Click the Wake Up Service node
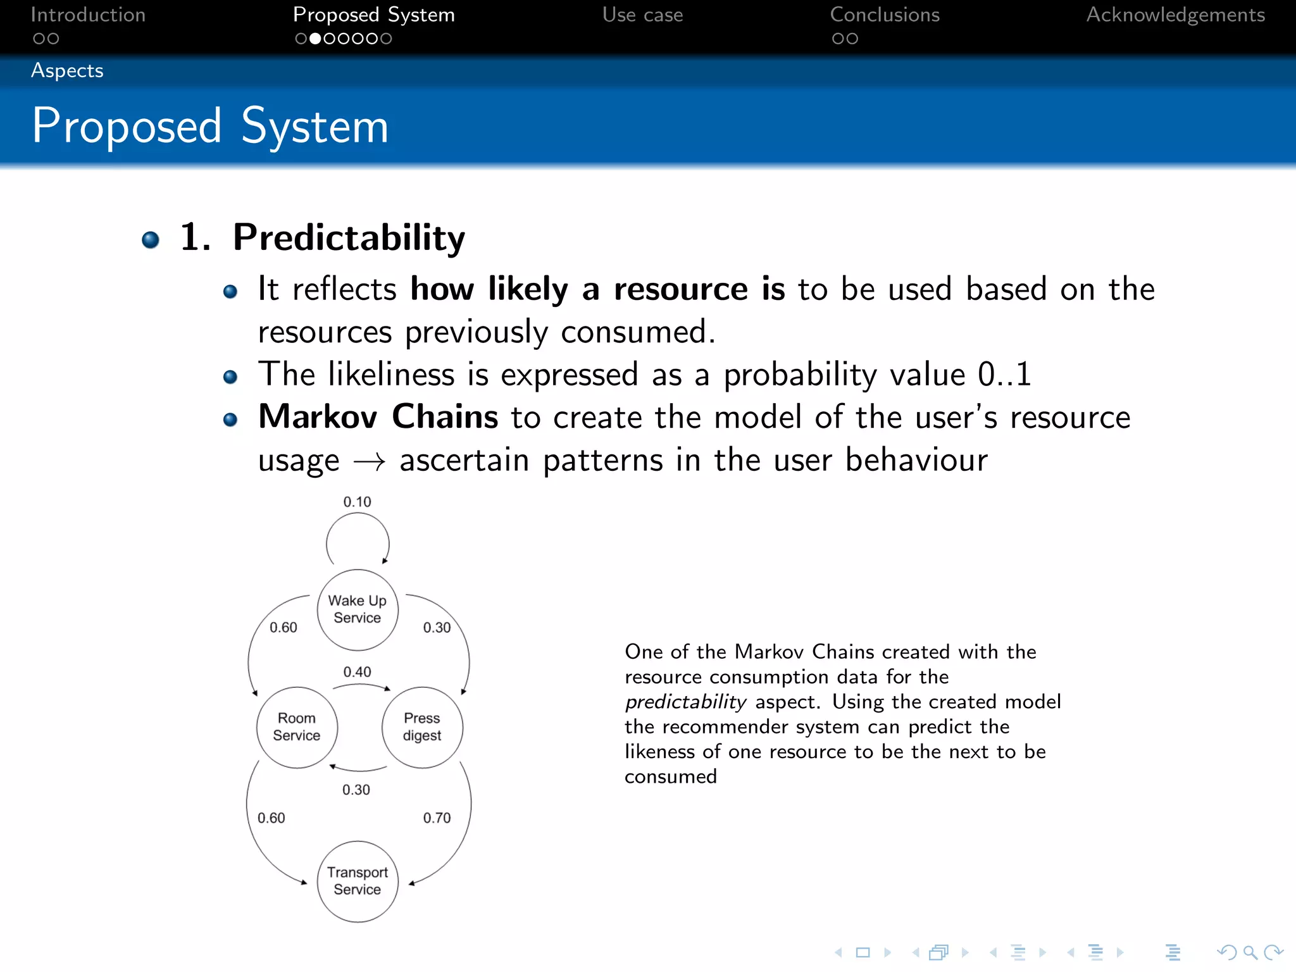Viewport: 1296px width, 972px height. pos(358,609)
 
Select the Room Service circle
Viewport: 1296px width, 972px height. pos(297,727)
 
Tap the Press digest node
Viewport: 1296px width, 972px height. pos(422,727)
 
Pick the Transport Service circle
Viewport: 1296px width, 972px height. pos(358,881)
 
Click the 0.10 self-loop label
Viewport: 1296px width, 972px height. pos(357,502)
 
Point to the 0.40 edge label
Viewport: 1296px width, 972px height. pos(357,672)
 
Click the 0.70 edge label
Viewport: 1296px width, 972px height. pos(437,818)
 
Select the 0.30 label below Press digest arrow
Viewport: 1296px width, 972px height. pos(356,790)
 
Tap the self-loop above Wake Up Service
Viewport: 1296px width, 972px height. pos(358,538)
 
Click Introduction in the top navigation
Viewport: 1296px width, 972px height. pos(88,15)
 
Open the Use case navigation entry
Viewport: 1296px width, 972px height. pos(642,15)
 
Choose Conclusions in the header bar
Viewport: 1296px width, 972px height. pos(885,15)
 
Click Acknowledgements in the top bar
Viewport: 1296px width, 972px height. pos(1175,15)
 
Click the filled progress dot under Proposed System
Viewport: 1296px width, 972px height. pos(315,39)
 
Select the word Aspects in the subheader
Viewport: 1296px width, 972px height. pos(67,70)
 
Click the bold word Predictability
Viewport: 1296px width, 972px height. pos(349,238)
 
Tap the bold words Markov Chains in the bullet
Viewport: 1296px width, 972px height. pos(378,417)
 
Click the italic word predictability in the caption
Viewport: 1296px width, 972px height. pos(685,702)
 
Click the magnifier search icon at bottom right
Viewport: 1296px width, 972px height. pos(1250,952)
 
